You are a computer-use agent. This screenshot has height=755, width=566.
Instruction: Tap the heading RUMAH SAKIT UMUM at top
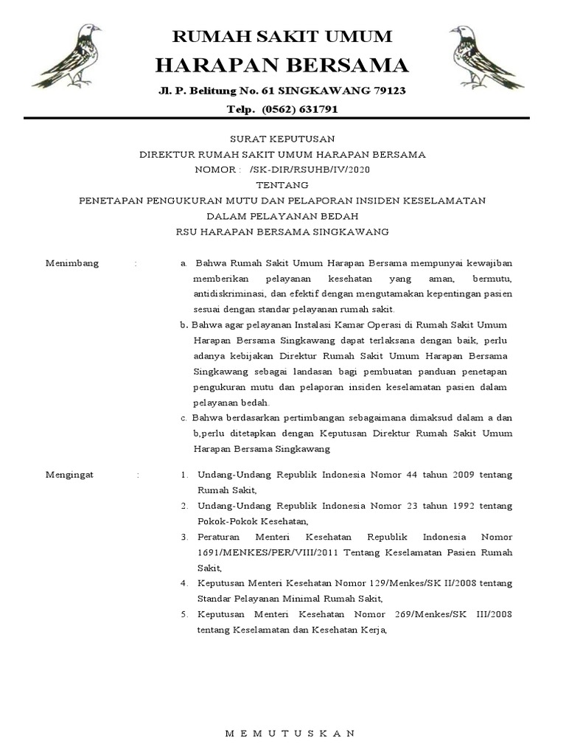click(x=282, y=36)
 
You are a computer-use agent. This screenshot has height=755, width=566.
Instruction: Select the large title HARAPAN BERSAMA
click(x=282, y=66)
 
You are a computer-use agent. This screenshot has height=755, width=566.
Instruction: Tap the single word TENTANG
click(x=282, y=185)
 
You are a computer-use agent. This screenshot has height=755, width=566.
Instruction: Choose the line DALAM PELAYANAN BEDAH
click(x=282, y=216)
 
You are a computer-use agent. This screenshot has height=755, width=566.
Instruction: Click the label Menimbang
click(x=72, y=263)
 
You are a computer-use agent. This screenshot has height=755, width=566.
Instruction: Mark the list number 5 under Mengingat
click(x=184, y=614)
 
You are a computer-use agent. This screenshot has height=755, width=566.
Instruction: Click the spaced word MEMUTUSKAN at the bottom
click(x=290, y=733)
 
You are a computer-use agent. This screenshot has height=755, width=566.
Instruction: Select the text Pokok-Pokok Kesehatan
click(x=239, y=521)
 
